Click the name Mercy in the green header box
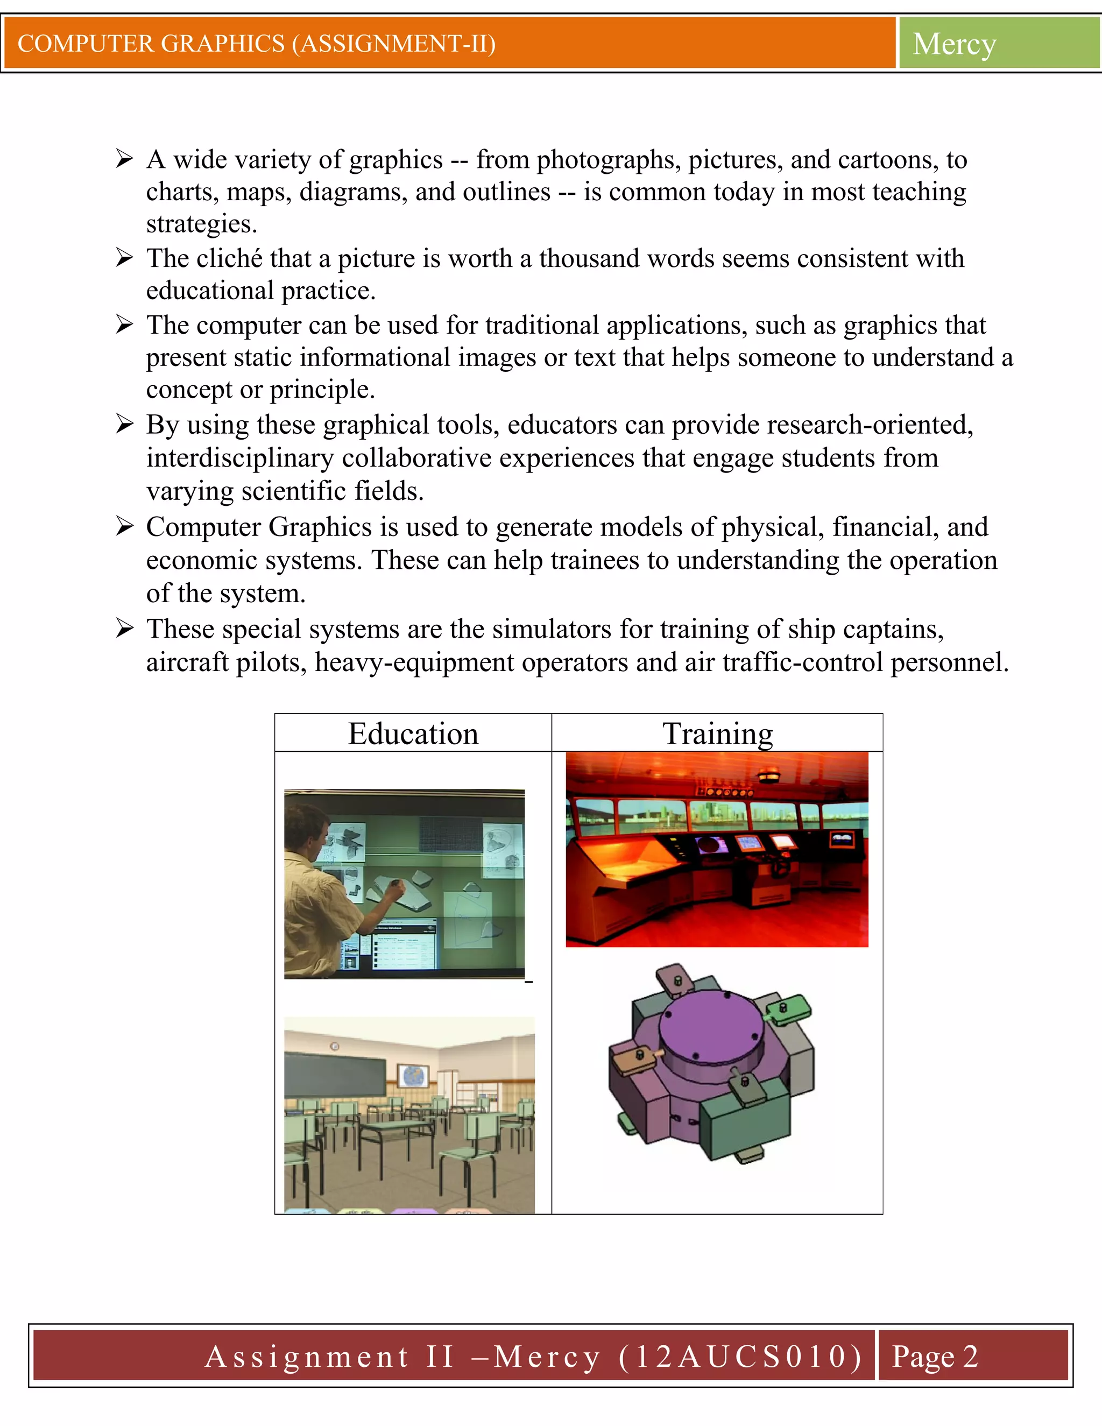coord(954,45)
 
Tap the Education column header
coord(413,733)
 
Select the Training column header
coord(717,733)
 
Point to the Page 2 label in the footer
coord(934,1356)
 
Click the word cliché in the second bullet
coord(229,258)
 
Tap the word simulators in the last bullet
coord(552,630)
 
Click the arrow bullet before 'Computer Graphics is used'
coord(124,526)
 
